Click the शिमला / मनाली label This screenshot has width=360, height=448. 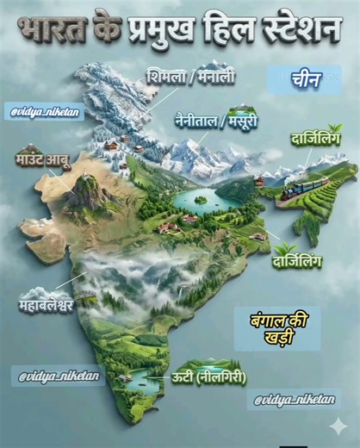pos(190,77)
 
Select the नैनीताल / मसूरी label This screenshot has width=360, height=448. pos(215,121)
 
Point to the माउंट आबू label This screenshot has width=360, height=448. pos(42,159)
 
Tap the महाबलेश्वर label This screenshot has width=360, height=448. pos(47,305)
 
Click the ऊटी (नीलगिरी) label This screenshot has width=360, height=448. pos(209,376)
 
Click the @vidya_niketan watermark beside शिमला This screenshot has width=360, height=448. pos(47,112)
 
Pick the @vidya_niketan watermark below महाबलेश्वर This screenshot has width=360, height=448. pos(58,376)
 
